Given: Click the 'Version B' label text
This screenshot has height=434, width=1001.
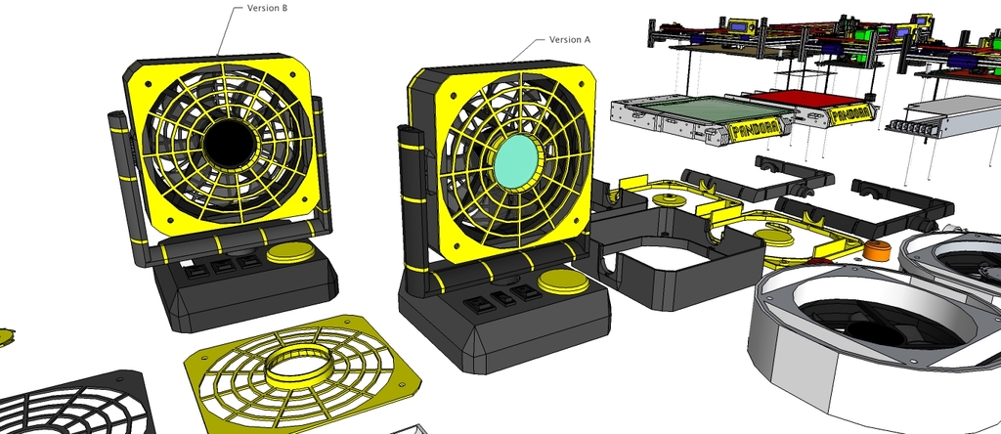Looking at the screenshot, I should (x=267, y=8).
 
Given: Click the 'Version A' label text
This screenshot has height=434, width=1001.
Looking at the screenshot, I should (x=570, y=40).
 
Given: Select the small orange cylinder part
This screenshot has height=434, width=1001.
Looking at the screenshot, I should (x=877, y=250).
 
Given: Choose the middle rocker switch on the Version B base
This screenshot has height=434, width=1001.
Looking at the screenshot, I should (x=224, y=265).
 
